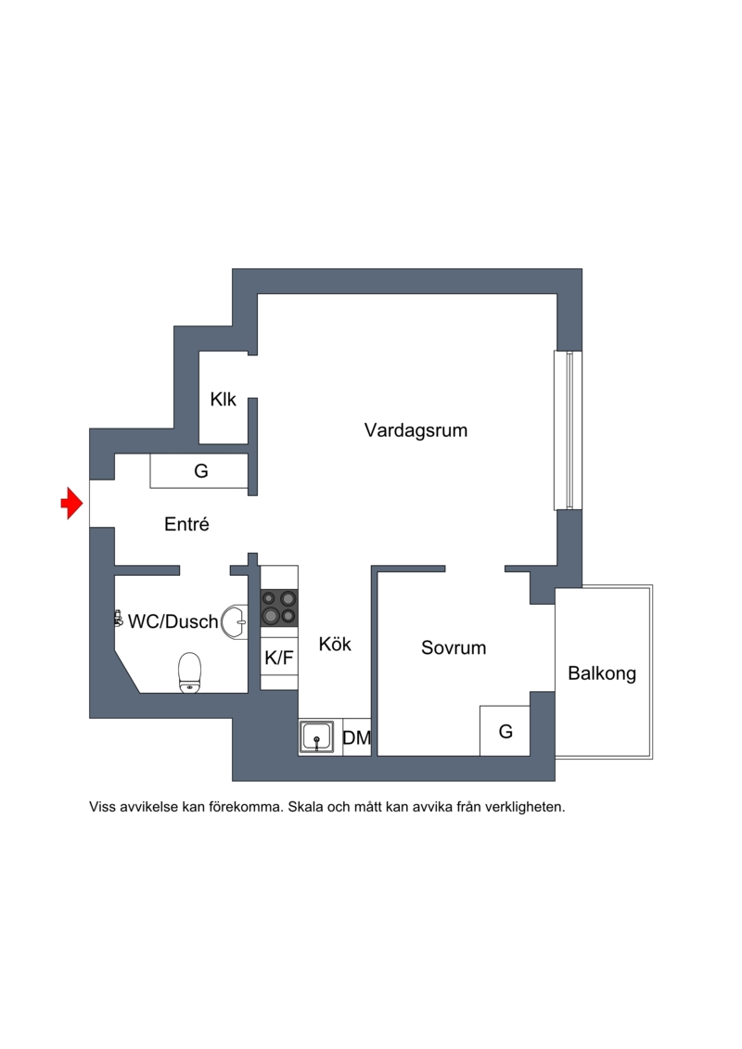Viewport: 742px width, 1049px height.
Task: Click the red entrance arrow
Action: pos(71,503)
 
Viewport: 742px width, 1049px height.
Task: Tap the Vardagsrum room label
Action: pos(416,430)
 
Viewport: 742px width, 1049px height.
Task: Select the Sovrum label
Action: pos(454,647)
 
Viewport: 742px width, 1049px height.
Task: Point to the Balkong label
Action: pos(602,673)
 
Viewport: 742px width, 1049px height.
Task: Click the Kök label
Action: pos(335,644)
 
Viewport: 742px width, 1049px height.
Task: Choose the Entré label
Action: pos(186,524)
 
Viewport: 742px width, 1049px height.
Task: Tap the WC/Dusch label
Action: pos(173,621)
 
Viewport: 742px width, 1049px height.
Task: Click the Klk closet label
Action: pos(224,400)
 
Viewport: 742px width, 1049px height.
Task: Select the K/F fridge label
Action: pos(279,658)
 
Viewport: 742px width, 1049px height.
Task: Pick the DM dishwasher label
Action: pos(356,737)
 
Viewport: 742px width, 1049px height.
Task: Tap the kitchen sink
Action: pos(317,736)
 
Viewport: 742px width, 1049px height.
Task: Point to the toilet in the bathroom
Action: pos(190,672)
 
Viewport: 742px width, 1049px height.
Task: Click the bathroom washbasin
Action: pos(235,621)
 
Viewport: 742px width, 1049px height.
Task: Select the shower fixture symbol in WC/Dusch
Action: pos(119,619)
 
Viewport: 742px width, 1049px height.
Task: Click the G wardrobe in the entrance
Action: pos(199,471)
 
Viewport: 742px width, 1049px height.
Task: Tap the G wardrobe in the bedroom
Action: pos(505,731)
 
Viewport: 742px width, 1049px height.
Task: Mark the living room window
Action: pos(568,430)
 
